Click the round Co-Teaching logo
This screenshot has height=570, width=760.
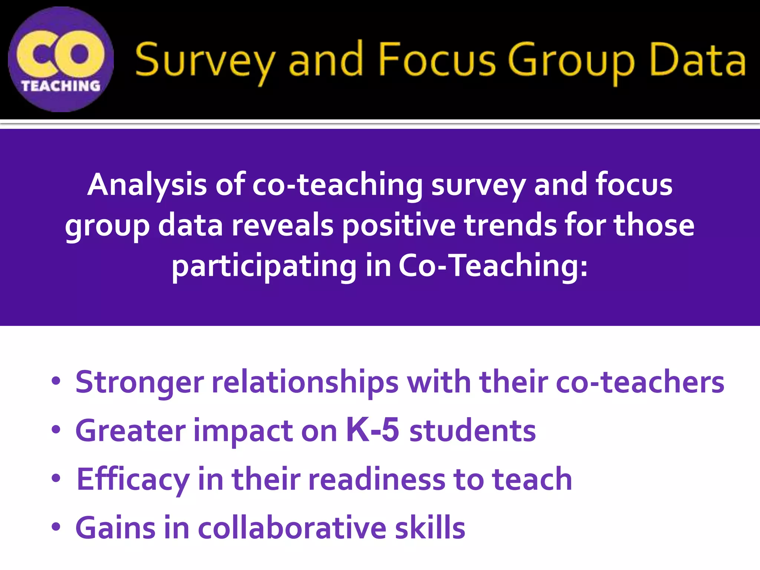pos(60,59)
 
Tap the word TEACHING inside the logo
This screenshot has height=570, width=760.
pos(60,86)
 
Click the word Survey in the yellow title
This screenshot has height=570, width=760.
pos(205,61)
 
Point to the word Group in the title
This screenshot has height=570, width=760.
pos(571,61)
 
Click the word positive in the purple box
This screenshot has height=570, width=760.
pos(399,226)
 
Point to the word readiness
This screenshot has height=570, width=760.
pos(376,479)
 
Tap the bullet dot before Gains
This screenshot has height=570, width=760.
pos(56,527)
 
